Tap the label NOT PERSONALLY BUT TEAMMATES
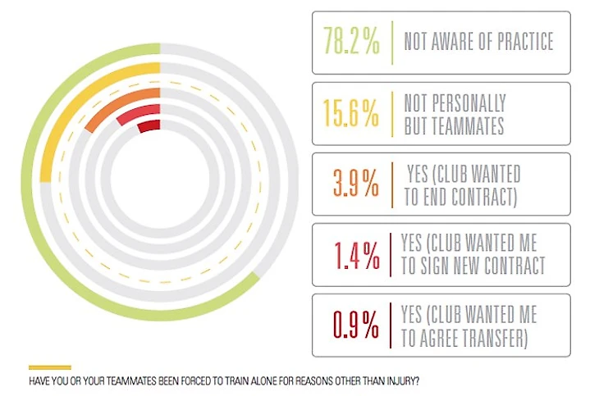455,114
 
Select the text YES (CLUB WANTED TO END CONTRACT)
464,184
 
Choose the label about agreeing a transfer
469,325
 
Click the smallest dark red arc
149,126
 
